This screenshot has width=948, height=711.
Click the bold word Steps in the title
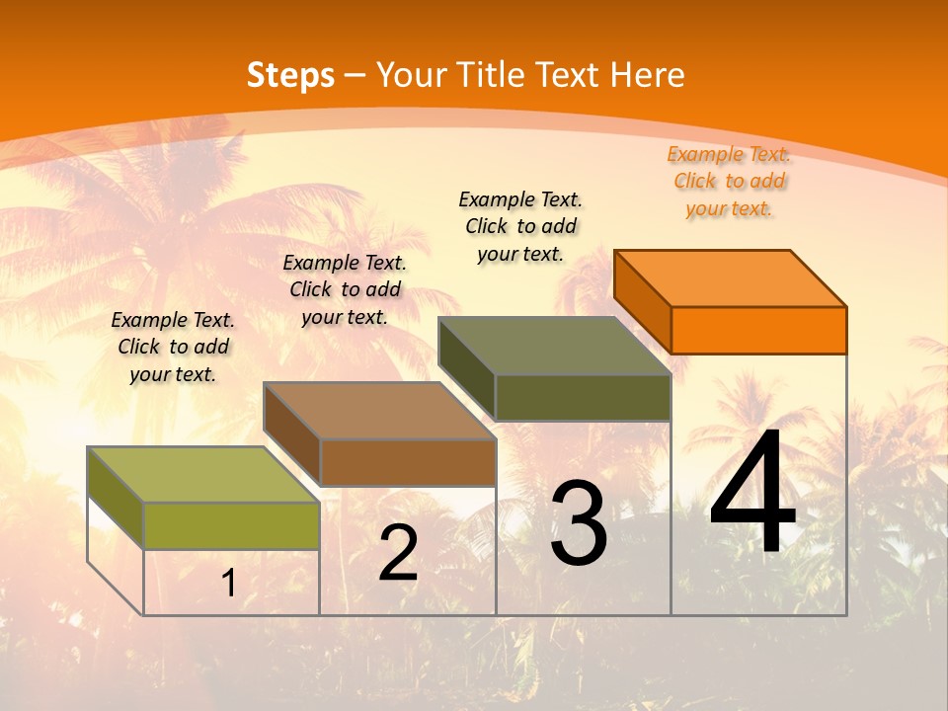click(290, 75)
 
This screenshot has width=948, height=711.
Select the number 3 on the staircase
click(579, 523)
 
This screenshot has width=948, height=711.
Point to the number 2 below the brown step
click(399, 553)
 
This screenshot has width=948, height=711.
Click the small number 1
click(228, 584)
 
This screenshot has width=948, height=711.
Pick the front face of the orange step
click(758, 330)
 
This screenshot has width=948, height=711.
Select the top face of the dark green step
click(555, 346)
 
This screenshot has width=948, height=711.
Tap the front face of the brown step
click(408, 462)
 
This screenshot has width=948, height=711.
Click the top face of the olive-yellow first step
click(203, 474)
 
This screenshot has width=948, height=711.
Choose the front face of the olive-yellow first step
click(232, 525)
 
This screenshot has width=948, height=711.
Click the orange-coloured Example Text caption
click(729, 181)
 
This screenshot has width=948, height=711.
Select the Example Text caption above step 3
click(520, 226)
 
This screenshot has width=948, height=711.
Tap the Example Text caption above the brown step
click(345, 289)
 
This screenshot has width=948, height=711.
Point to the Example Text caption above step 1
click(173, 347)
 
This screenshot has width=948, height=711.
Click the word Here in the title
click(648, 75)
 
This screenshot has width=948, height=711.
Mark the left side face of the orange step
click(642, 301)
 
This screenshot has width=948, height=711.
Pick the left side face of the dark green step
click(466, 368)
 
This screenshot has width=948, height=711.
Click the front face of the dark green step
click(583, 397)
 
